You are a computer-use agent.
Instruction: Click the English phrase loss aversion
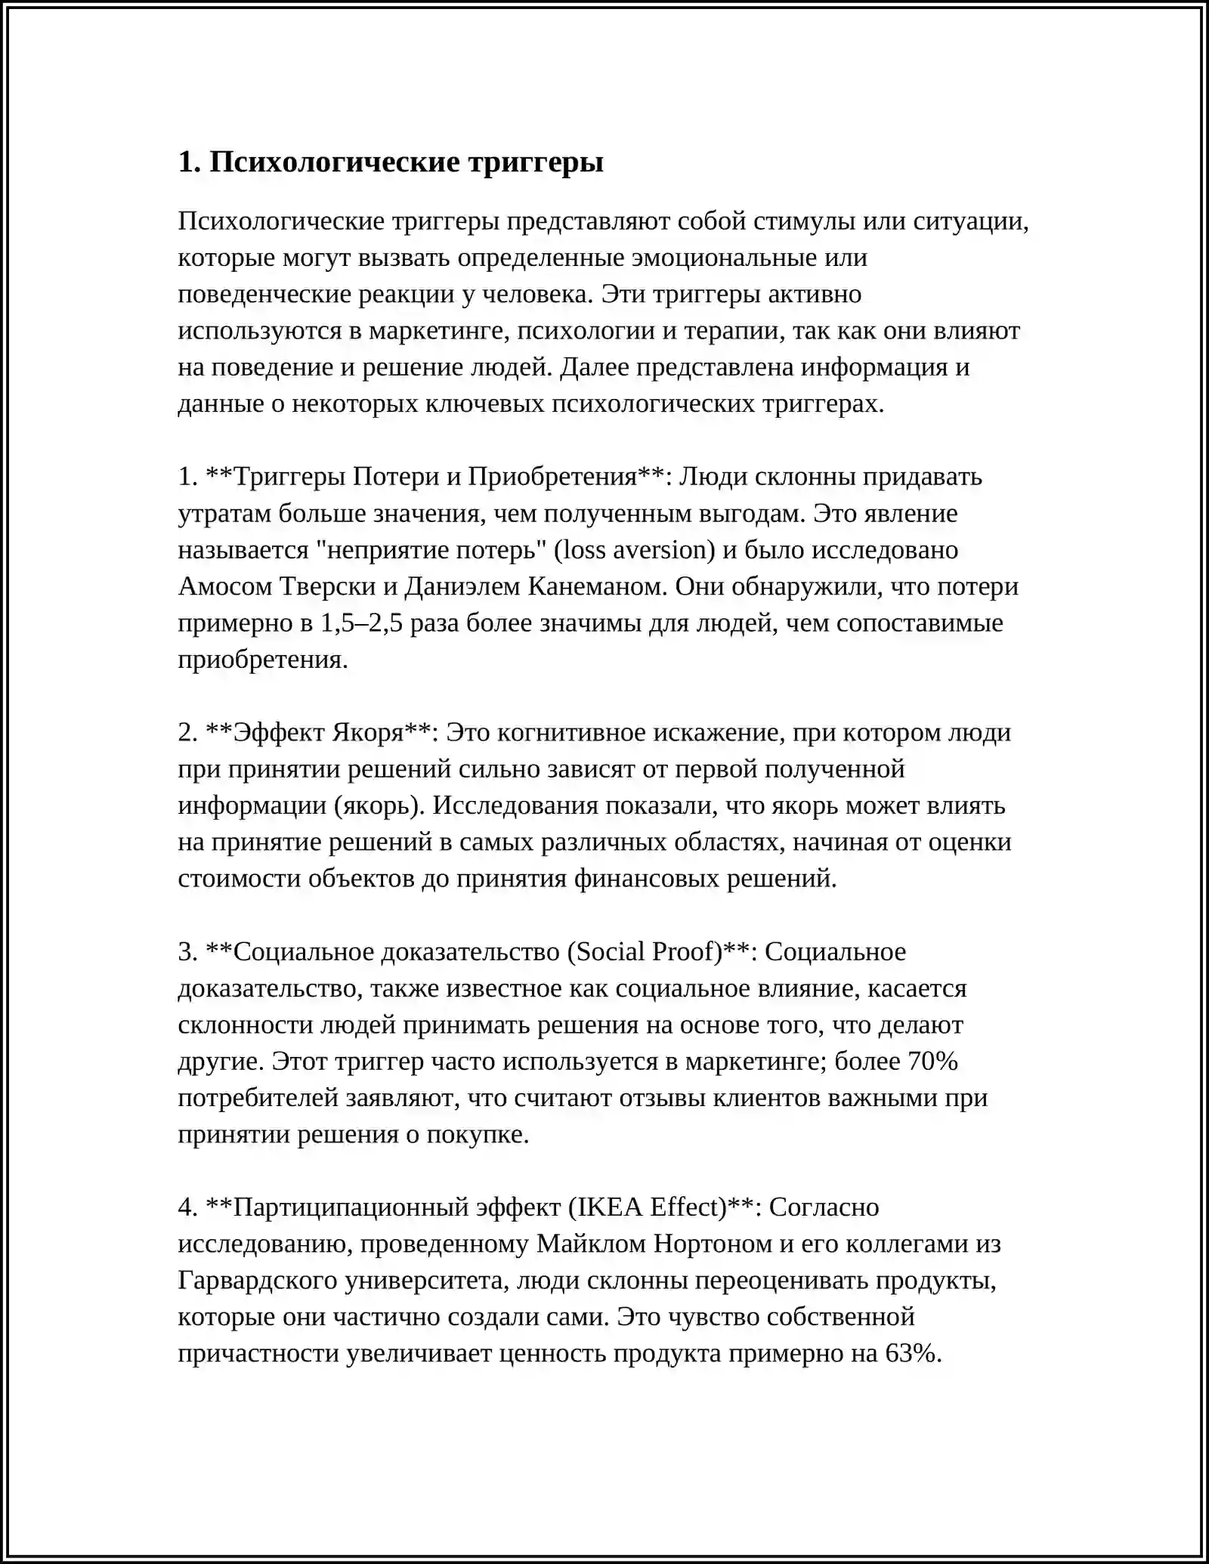coord(635,550)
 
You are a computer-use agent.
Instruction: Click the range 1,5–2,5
coord(362,623)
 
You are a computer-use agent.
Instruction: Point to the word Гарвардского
coord(258,1281)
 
